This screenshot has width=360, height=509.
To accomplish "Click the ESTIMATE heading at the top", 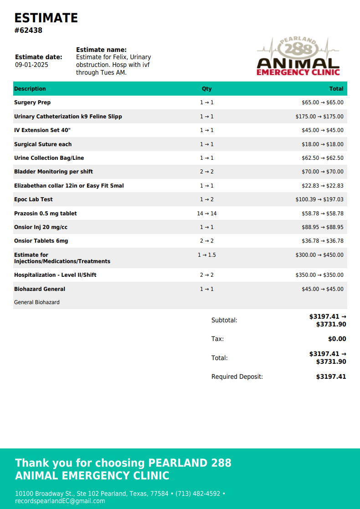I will (46, 18).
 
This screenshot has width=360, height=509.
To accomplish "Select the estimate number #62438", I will (28, 31).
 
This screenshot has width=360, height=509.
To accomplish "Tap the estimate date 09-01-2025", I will (31, 65).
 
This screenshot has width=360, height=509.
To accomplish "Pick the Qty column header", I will (206, 89).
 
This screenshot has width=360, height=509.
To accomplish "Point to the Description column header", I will (30, 89).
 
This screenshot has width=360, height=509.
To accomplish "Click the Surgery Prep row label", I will (32, 102).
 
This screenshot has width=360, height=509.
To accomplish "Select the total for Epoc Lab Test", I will (319, 199).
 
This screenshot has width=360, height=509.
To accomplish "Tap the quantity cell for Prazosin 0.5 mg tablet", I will (206, 214).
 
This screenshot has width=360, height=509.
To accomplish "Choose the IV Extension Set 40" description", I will (42, 130).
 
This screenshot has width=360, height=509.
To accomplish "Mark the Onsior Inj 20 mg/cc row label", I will (41, 227).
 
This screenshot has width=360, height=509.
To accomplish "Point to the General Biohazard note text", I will (37, 302).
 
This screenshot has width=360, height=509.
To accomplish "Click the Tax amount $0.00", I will (337, 339).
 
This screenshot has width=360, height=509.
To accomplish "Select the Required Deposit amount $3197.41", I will (331, 377).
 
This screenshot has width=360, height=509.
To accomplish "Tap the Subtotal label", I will (224, 320).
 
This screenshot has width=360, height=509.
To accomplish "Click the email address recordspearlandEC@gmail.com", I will (60, 501).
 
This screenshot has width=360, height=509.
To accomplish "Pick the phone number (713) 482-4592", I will (198, 494).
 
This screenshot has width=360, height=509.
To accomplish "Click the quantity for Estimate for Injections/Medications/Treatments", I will (206, 255).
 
